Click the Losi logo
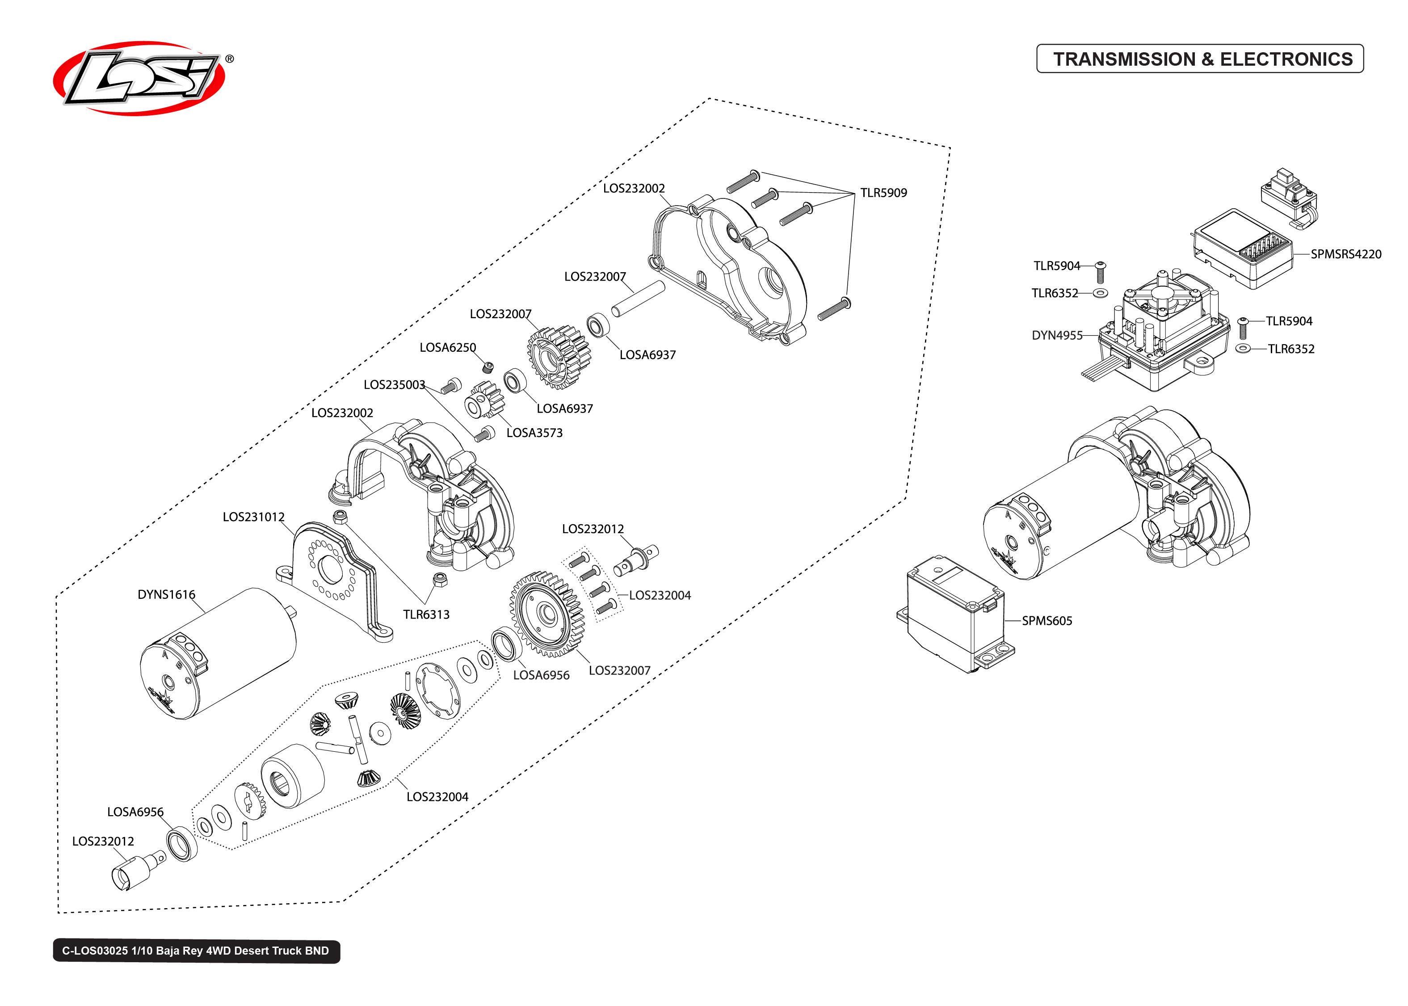click(139, 78)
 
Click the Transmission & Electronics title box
click(1199, 59)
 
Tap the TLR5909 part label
click(883, 193)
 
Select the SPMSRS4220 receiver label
click(1345, 254)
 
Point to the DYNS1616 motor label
click(166, 595)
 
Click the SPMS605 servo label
click(1047, 621)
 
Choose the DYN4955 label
click(1056, 335)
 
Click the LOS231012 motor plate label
click(253, 517)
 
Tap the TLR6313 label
click(426, 615)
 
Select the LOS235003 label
click(394, 385)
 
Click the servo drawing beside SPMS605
click(954, 613)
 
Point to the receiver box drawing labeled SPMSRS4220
click(1241, 248)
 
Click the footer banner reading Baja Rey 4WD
click(196, 951)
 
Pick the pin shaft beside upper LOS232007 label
click(638, 299)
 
